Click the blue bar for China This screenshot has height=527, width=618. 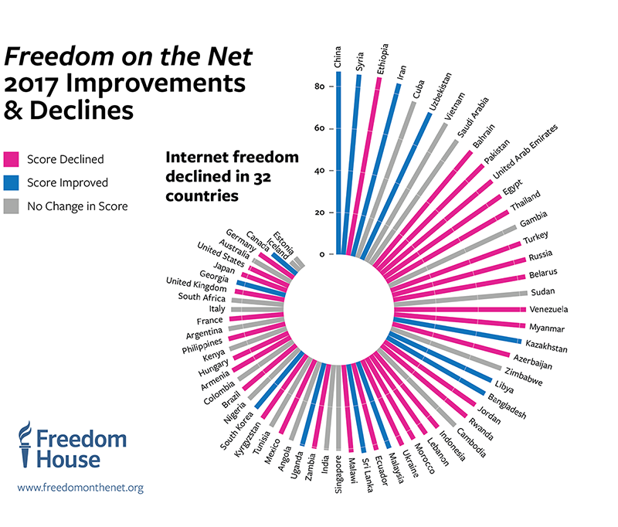pos(338,162)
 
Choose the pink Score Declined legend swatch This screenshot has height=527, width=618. pos(12,160)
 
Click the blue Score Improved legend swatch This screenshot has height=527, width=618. pos(12,183)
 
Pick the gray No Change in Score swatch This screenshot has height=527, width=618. pos(12,206)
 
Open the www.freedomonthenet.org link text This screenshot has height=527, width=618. pos(80,488)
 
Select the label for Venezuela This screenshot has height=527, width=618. pos(549,310)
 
